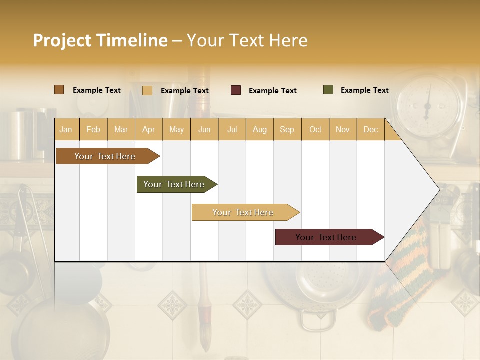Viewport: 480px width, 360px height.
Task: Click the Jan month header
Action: click(x=66, y=130)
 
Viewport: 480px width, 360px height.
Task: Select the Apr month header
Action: click(x=149, y=130)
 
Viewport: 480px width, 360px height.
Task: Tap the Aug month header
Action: click(x=260, y=130)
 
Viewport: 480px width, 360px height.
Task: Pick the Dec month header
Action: click(x=370, y=130)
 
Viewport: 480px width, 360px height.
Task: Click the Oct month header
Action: click(x=315, y=130)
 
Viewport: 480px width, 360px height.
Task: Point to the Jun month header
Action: click(x=204, y=130)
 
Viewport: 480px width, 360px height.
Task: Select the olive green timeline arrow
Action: click(x=175, y=184)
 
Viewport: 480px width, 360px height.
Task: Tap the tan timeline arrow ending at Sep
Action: click(x=243, y=212)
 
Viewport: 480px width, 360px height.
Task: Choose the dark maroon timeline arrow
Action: click(x=327, y=237)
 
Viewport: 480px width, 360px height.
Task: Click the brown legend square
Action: click(x=59, y=90)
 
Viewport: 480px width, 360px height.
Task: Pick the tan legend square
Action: click(x=147, y=90)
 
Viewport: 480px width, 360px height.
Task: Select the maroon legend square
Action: click(x=235, y=90)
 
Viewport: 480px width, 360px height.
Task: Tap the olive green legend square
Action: click(x=328, y=90)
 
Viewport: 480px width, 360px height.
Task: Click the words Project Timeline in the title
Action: click(x=100, y=40)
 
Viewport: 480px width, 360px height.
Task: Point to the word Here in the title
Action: click(x=288, y=40)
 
